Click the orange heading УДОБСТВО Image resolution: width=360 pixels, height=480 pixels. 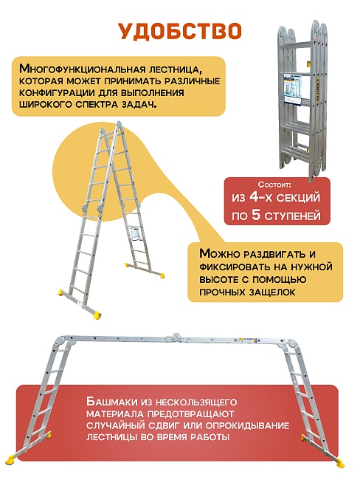click(180, 30)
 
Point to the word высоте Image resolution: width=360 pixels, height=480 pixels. click(220, 280)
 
